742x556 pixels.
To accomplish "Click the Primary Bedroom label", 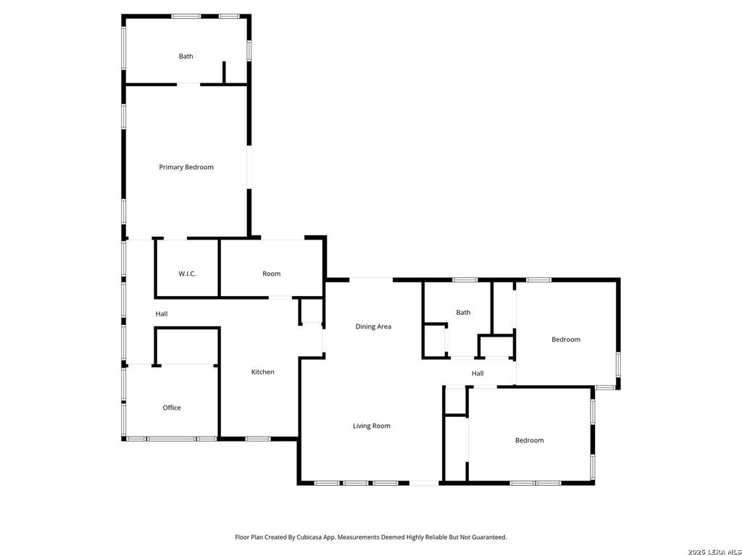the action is point(186,167).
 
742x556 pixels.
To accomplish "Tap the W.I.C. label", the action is point(187,274).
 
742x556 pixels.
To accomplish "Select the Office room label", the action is point(172,408).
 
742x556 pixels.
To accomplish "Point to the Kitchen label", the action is point(262,372).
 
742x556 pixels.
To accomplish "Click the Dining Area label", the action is point(373,327).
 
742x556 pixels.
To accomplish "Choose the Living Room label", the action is point(372,426).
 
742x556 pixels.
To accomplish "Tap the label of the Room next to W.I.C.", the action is point(271,274).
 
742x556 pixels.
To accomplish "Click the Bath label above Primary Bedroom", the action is point(186,56).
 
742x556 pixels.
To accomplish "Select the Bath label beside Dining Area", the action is point(463,313).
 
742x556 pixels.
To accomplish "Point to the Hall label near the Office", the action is point(162,314).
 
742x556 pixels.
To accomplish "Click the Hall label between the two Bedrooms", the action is point(478,374).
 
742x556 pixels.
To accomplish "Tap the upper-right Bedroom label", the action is point(566,340).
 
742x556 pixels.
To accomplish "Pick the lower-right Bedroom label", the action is point(530,440).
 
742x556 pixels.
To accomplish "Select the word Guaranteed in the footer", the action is point(489,537).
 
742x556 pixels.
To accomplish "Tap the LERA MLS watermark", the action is point(714,552).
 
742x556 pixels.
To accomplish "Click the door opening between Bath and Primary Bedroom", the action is point(188,85).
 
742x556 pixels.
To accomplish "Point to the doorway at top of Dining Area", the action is point(371,280).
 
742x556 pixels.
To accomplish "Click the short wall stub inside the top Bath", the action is point(225,72).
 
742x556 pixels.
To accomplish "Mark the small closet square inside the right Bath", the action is point(435,340).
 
